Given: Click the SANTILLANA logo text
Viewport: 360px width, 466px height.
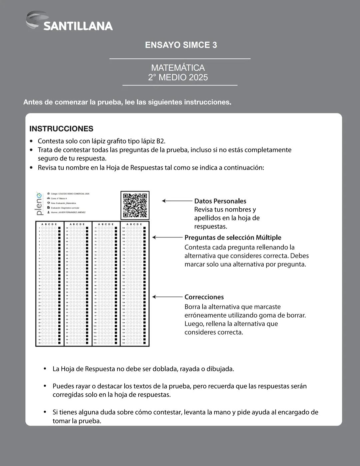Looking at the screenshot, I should (x=78, y=26).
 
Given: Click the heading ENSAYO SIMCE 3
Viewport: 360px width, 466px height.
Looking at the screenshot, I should (x=181, y=45).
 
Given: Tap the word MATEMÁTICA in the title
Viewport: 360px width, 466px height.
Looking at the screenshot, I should (x=178, y=68).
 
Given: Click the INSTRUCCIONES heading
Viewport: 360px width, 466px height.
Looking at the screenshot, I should (x=61, y=129).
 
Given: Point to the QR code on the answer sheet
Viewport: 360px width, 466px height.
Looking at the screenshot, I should (x=135, y=205).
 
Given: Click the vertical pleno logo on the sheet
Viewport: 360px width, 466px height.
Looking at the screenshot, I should (x=39, y=203).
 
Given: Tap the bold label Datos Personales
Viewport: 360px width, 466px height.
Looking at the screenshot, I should (x=220, y=201).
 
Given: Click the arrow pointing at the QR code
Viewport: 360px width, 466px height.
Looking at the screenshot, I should (x=177, y=201).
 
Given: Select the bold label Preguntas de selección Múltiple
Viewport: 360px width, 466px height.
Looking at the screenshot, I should (x=233, y=238).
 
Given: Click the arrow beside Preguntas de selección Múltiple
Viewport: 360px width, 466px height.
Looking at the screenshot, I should (x=167, y=238).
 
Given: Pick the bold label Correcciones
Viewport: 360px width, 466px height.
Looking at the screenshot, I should (x=204, y=297).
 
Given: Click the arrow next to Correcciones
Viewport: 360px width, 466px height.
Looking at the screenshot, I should (x=167, y=297).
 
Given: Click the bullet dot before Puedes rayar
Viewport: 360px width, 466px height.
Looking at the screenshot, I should (x=45, y=386).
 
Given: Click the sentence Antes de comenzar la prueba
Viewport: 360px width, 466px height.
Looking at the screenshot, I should (x=127, y=102).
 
